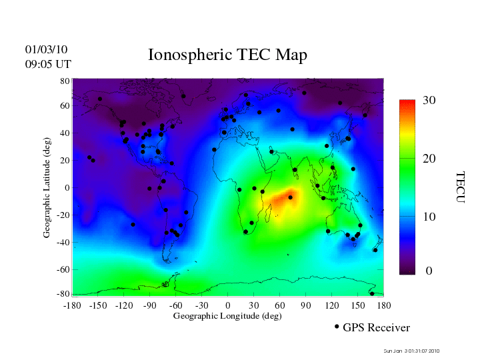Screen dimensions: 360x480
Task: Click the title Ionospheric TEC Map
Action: coord(227,55)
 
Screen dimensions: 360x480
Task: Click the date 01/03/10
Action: coord(46,49)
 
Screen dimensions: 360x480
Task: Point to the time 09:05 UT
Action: coord(48,64)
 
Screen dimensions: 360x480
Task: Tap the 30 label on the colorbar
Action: coord(429,101)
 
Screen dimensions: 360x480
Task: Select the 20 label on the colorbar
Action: coord(429,160)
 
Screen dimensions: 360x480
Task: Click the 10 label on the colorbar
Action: coord(429,217)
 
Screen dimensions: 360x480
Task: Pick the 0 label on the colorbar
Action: coord(429,271)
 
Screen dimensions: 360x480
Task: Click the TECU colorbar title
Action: coord(460,187)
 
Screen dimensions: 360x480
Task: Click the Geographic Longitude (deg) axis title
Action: coord(227,315)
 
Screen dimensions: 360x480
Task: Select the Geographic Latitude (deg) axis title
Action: coord(47,192)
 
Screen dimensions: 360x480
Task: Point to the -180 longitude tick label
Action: coord(71,305)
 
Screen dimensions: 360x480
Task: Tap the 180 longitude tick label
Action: coord(384,305)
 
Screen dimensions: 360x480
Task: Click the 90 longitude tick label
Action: coord(306,305)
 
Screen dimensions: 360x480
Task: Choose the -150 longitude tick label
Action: coord(97,305)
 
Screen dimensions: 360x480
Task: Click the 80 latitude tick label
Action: coord(65,81)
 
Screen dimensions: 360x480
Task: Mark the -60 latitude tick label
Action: coord(63,270)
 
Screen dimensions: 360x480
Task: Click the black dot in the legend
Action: coord(337,327)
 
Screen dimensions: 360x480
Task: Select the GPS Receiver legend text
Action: coord(376,327)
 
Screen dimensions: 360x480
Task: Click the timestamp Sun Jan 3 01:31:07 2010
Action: coord(412,351)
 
